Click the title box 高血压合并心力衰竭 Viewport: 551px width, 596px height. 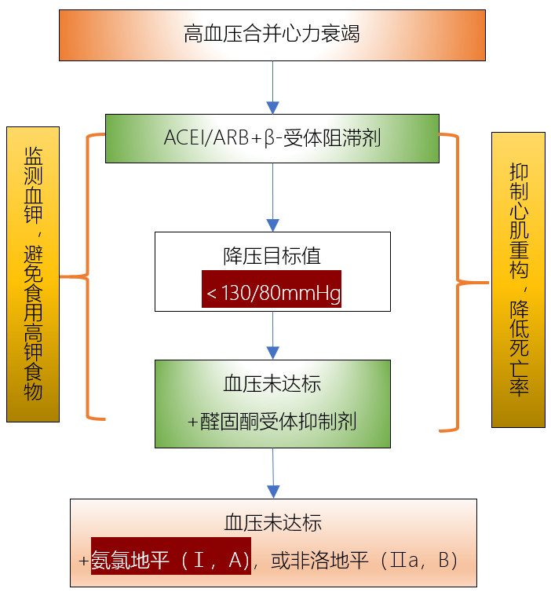pos(272,35)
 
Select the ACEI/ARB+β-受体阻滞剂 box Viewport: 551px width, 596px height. pos(272,138)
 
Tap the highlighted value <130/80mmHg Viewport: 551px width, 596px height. pos(272,294)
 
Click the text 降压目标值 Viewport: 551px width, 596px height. pos(272,256)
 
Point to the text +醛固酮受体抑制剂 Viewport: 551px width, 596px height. pos(272,422)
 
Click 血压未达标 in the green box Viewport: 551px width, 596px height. pos(272,384)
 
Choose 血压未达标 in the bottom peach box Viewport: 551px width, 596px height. pos(272,523)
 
